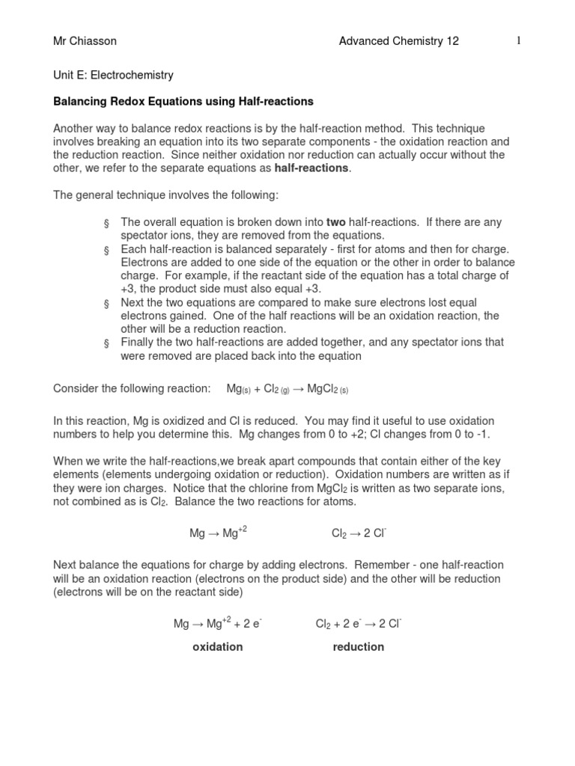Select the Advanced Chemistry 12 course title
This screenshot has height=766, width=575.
tap(398, 42)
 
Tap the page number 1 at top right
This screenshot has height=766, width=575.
tap(517, 41)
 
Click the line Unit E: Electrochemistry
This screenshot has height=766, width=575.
tap(113, 75)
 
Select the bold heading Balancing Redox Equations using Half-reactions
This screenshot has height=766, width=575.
tap(183, 101)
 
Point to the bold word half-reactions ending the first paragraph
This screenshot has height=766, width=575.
tap(311, 168)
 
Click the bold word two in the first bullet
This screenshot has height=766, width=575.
tap(335, 222)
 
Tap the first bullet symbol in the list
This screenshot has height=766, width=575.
tap(106, 224)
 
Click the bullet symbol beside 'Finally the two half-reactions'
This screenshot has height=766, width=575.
tap(106, 343)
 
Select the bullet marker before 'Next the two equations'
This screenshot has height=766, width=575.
tap(106, 303)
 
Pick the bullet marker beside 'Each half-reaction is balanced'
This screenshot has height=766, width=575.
tap(106, 250)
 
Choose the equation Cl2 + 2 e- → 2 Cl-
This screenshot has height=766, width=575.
tap(359, 622)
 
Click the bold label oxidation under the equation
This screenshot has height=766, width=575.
tap(218, 646)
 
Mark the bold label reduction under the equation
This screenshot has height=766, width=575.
tap(358, 646)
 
